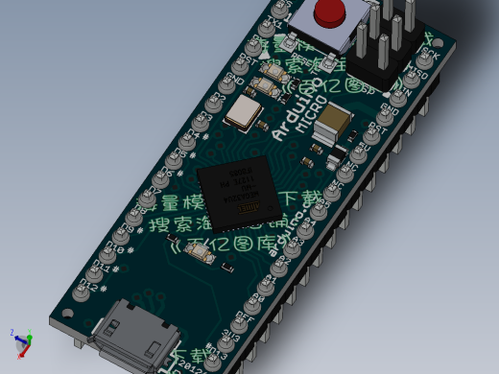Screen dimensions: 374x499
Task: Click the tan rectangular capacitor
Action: [336, 122]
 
